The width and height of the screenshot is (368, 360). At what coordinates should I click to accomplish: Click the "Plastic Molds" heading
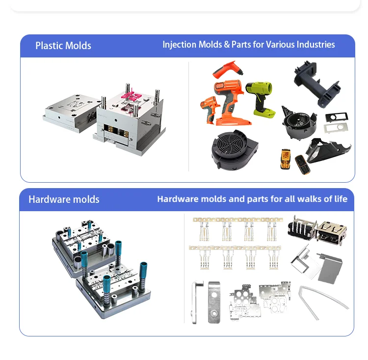tap(63, 46)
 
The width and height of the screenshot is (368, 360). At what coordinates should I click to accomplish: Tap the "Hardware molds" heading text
tap(64, 199)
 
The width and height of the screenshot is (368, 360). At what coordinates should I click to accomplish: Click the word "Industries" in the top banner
tap(315, 44)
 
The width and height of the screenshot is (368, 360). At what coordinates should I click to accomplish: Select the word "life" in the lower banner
tap(341, 199)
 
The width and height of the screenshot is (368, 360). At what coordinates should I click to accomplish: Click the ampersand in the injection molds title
tap(227, 45)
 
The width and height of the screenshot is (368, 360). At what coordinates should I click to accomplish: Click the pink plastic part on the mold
tap(131, 97)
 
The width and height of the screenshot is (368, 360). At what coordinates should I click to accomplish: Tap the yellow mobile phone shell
tap(286, 159)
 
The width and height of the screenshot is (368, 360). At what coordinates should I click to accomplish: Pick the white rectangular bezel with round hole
tap(336, 128)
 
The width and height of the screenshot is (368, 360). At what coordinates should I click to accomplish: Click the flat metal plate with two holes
tap(214, 303)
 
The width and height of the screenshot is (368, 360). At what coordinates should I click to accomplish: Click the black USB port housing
tap(302, 227)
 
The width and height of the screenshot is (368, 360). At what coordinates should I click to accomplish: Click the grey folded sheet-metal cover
tap(330, 268)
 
